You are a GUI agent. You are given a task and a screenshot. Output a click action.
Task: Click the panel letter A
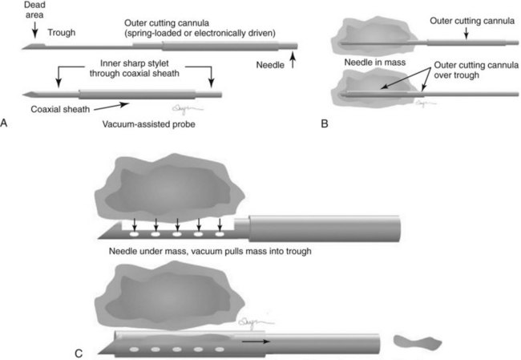(6, 122)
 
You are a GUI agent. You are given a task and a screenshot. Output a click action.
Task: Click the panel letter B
(323, 122)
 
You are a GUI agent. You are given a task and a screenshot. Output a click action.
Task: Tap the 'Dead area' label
(34, 11)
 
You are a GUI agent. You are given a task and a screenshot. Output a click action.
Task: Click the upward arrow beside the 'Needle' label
(295, 58)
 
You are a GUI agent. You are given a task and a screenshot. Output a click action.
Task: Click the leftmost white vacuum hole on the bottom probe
(134, 351)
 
